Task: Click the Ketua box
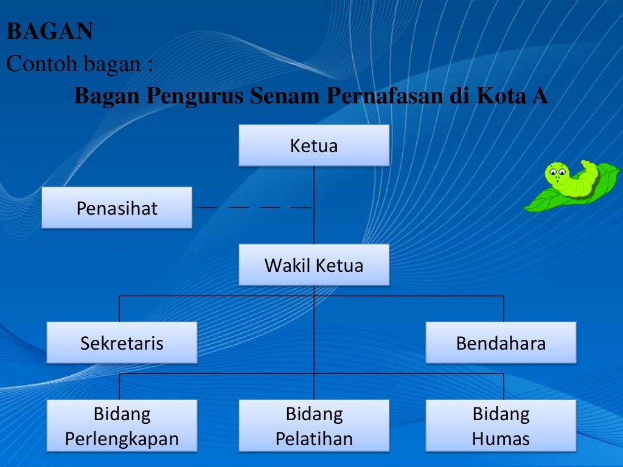coord(313,146)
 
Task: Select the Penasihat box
coord(117,208)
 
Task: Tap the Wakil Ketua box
coord(313,265)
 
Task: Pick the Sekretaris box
coord(122,343)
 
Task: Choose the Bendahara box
coord(501,343)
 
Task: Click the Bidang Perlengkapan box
coord(122,426)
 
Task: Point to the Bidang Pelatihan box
coord(313,426)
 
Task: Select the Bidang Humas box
coord(501,426)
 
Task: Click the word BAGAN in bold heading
coord(49,32)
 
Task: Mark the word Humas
coord(501,439)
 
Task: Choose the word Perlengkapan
coord(122,439)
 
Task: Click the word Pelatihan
coord(314,439)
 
